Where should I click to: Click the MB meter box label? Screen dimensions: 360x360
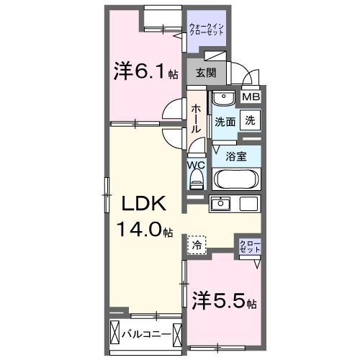coord(251,97)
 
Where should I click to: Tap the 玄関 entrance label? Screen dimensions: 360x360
coord(206,73)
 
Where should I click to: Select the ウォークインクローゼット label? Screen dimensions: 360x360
coord(207,30)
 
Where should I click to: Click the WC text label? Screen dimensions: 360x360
coord(197,165)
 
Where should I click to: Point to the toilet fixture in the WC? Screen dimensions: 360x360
coord(197,179)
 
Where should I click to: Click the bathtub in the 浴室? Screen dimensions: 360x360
coord(236,179)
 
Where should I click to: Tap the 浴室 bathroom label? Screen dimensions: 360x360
coord(236,157)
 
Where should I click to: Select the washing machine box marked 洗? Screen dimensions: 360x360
coord(250,120)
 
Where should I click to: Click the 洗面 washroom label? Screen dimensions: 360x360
coord(225,122)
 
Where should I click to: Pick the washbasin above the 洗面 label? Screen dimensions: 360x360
coord(224,98)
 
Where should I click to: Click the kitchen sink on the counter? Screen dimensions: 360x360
coord(220,204)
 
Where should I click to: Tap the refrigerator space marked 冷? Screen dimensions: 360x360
coord(197,245)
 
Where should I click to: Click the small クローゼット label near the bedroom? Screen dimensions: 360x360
coord(250,246)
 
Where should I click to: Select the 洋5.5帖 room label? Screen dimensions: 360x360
coord(224,301)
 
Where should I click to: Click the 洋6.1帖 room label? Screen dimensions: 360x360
coord(145,71)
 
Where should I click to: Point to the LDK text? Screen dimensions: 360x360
coord(144,204)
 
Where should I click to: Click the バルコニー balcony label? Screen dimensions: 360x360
coord(146,334)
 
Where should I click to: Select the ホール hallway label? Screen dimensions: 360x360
coord(196,119)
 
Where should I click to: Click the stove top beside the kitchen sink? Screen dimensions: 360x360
coord(248,204)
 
